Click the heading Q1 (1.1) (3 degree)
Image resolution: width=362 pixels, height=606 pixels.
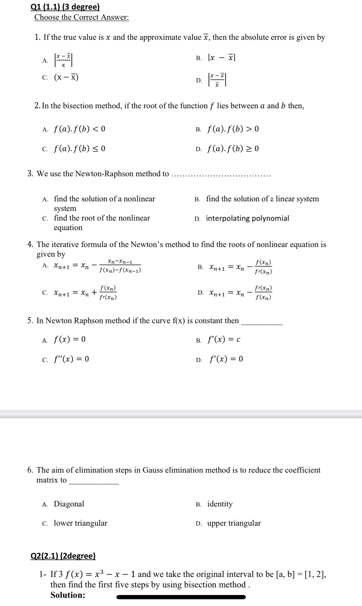[65, 7]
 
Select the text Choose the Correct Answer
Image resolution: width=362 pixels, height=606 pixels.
[81, 17]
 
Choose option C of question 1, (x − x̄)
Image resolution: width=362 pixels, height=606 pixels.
[66, 77]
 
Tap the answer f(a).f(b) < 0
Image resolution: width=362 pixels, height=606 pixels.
[80, 129]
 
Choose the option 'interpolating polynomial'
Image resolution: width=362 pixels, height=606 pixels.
[248, 218]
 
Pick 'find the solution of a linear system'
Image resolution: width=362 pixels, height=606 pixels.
[262, 199]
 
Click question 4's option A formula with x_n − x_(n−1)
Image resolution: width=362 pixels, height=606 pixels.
[98, 266]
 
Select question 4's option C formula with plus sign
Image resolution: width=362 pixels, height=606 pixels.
[85, 293]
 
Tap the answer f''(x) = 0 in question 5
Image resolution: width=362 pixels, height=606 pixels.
[71, 359]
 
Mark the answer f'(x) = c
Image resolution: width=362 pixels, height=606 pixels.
[224, 340]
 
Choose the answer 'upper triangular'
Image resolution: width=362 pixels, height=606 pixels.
[234, 523]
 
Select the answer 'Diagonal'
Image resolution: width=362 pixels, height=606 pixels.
[69, 504]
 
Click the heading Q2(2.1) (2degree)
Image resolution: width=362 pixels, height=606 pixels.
[63, 556]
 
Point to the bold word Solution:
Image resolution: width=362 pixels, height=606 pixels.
[68, 595]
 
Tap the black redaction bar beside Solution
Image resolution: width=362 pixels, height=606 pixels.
[181, 597]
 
